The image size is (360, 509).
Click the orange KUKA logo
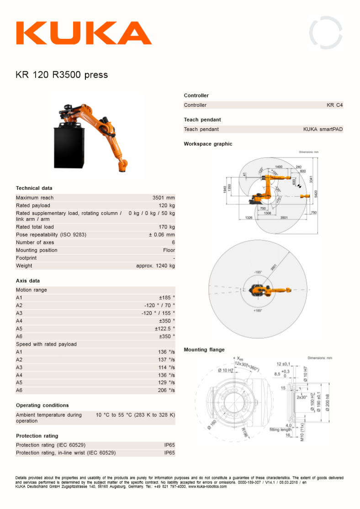pyautogui.click(x=84, y=33)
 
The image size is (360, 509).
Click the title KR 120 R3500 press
pyautogui.click(x=62, y=75)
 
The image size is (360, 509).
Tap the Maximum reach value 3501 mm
pyautogui.click(x=164, y=198)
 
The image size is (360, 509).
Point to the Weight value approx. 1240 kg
pyautogui.click(x=155, y=266)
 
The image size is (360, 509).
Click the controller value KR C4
pyautogui.click(x=334, y=105)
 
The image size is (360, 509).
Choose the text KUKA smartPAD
pyautogui.click(x=323, y=129)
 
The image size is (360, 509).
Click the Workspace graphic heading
pyautogui.click(x=208, y=144)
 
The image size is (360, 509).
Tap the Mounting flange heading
pyautogui.click(x=204, y=350)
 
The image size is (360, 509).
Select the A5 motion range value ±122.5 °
pyautogui.click(x=164, y=328)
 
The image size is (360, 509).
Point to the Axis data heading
pyautogui.click(x=28, y=281)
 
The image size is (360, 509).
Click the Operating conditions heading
pyautogui.click(x=42, y=405)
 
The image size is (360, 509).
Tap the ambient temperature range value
pyautogui.click(x=135, y=415)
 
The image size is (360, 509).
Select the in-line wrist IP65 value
pyautogui.click(x=169, y=453)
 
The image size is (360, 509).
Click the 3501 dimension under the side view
pyautogui.click(x=284, y=218)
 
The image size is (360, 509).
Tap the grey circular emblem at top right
pyautogui.click(x=326, y=33)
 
